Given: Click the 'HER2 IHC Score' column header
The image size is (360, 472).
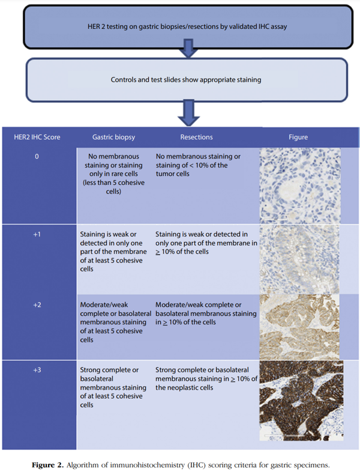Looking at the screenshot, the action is (37, 138).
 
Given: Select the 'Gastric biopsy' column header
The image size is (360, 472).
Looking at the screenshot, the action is (113, 138).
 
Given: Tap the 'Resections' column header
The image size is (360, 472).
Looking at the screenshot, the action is (196, 138).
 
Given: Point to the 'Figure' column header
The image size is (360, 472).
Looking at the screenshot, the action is (298, 138).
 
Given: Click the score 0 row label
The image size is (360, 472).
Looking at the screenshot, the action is (37, 157).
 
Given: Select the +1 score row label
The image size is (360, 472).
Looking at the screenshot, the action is (37, 234).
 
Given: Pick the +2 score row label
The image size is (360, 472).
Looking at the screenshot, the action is (37, 305).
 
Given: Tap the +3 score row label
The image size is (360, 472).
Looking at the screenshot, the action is (37, 370).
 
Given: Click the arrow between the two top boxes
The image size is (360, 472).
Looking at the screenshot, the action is (188, 48).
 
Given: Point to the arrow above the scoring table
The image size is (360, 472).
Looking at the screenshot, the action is (188, 113).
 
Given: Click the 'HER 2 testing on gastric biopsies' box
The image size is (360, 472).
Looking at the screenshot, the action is (188, 27).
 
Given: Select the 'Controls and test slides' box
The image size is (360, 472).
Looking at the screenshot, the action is (187, 80).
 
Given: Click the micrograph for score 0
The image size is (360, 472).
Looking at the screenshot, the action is (300, 186).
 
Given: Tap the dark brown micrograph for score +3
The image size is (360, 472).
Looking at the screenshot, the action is (301, 401).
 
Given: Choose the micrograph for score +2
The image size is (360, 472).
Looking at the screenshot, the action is (299, 327).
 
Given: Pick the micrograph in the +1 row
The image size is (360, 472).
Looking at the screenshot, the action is (299, 259).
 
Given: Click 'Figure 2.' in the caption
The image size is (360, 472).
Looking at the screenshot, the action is (48, 465).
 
